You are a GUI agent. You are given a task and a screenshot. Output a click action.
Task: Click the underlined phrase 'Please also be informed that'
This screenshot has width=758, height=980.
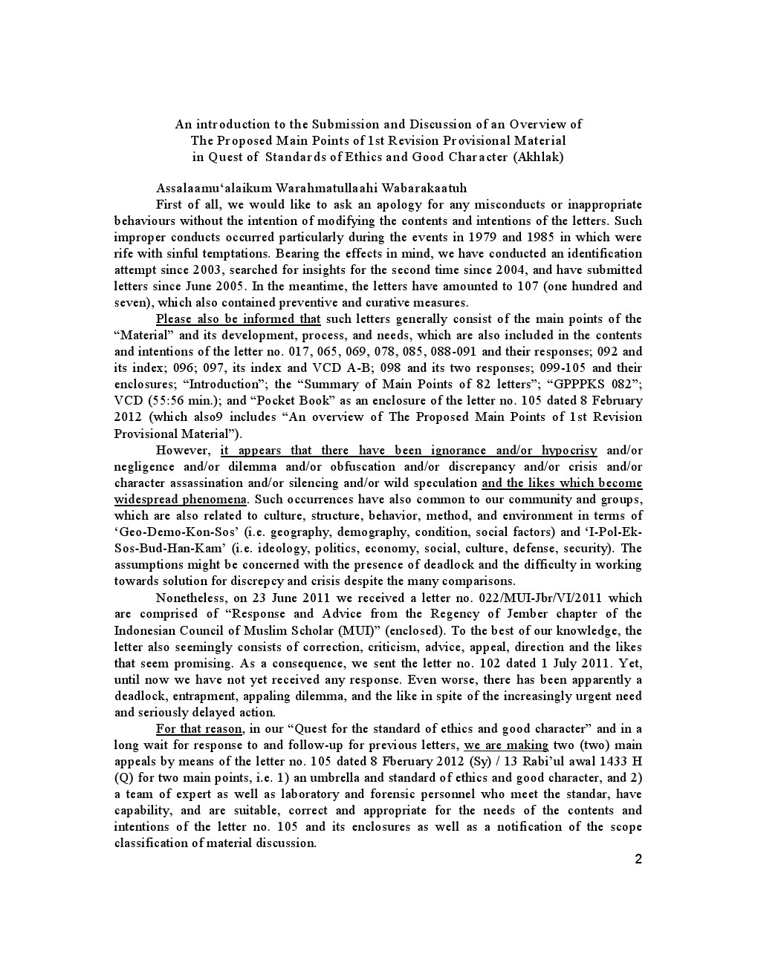pyautogui.click(x=238, y=319)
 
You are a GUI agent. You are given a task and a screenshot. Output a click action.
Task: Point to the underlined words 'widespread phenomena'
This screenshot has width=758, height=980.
pyautogui.click(x=181, y=500)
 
